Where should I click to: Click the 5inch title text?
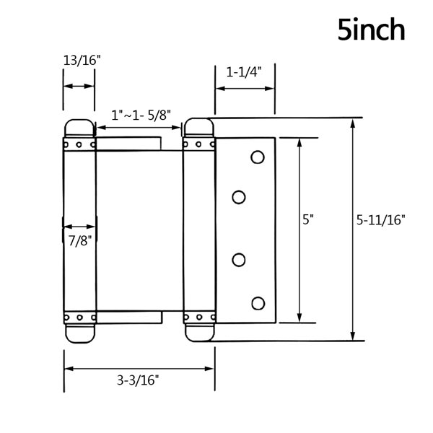pyautogui.click(x=372, y=30)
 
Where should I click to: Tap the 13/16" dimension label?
pyautogui.click(x=82, y=60)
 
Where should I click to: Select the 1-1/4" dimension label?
pyautogui.click(x=244, y=72)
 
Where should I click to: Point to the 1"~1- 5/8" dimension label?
pyautogui.click(x=141, y=115)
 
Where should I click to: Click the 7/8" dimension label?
pyautogui.click(x=79, y=240)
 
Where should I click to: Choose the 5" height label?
pyautogui.click(x=308, y=219)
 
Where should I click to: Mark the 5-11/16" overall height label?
pyautogui.click(x=380, y=220)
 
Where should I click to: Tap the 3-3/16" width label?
pyautogui.click(x=138, y=380)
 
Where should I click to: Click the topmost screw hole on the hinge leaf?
pyautogui.click(x=258, y=157)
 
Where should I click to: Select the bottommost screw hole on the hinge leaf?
pyautogui.click(x=258, y=303)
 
